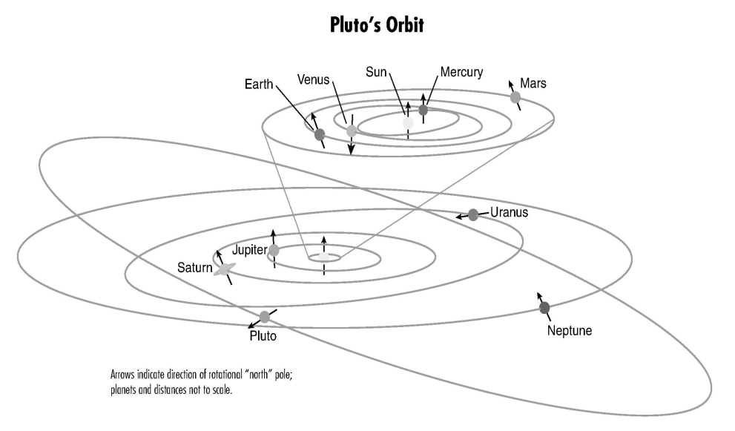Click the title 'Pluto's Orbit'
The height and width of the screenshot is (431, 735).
[377, 25]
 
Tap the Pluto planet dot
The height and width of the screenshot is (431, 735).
[265, 317]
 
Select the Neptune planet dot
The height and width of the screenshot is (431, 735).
[544, 308]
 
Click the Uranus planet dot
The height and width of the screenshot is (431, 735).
[473, 215]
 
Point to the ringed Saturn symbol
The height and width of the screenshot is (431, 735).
[225, 269]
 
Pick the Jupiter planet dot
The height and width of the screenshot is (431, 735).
[274, 251]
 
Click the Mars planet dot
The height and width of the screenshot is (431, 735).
[515, 97]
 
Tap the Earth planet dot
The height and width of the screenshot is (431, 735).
[320, 135]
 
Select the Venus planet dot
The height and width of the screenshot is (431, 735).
[352, 131]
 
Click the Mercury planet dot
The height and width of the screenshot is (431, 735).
[423, 111]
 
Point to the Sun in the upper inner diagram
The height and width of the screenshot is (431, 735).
[408, 123]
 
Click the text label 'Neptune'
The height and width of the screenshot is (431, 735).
[570, 331]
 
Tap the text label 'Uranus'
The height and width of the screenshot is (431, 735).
[509, 212]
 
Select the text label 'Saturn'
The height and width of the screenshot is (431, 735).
[194, 268]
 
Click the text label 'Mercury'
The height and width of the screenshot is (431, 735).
[461, 72]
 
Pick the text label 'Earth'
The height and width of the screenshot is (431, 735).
[259, 85]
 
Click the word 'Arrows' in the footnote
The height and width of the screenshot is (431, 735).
[122, 375]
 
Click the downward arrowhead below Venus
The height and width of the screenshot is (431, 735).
[351, 151]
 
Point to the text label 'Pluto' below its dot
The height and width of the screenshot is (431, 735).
[263, 336]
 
